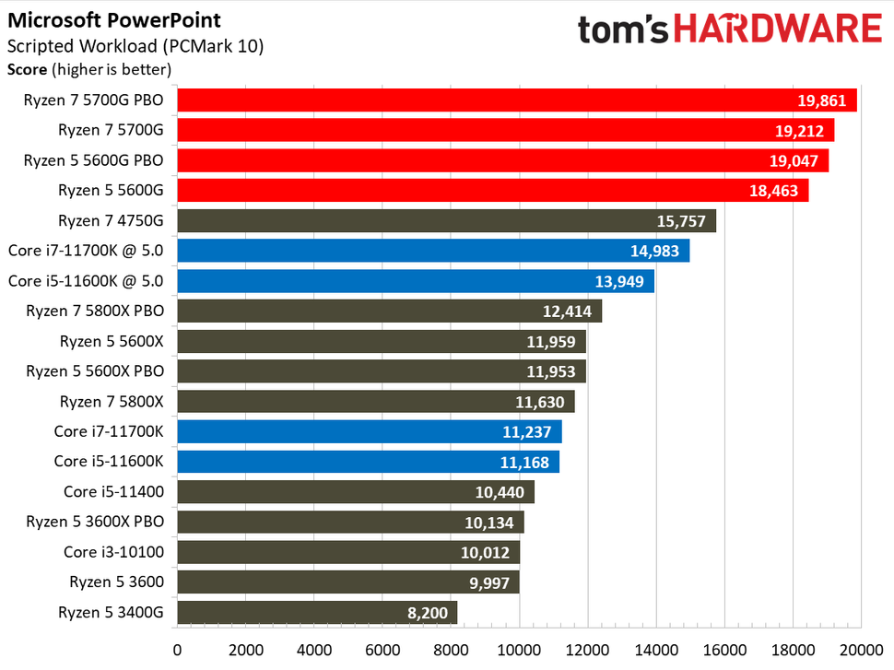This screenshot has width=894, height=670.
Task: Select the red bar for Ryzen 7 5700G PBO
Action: [516, 100]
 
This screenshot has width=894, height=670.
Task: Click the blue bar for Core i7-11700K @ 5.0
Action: [432, 251]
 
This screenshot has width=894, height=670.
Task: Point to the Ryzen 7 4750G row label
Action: [111, 220]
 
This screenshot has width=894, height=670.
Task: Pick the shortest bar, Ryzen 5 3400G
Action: [316, 613]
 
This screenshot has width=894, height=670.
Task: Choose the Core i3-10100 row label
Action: [113, 552]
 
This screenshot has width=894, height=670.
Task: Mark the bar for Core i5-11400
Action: [355, 492]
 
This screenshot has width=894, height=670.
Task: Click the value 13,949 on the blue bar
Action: [619, 281]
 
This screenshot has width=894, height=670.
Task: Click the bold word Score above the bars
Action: [27, 68]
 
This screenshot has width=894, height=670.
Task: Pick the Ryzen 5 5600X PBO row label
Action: [95, 371]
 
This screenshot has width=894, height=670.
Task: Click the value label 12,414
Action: [567, 311]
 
